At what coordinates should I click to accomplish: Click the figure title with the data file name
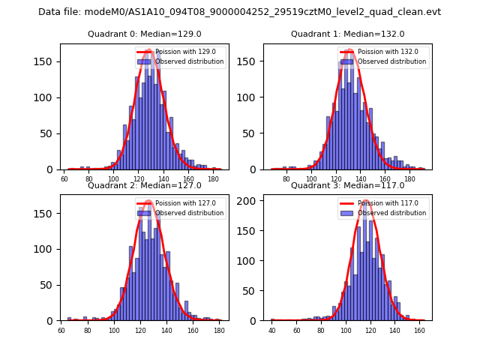pyautogui.click(x=240, y=12)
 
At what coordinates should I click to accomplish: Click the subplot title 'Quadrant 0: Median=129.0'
pyautogui.click(x=145, y=34)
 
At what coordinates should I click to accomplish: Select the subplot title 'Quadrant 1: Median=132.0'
pyautogui.click(x=347, y=34)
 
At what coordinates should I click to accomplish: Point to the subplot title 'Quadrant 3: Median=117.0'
pyautogui.click(x=347, y=185)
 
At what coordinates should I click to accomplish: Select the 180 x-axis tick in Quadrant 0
pyautogui.click(x=213, y=179)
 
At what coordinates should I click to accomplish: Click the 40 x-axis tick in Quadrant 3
pyautogui.click(x=272, y=331)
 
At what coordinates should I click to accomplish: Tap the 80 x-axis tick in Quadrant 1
pyautogui.click(x=286, y=179)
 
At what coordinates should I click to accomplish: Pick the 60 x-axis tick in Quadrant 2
pyautogui.click(x=61, y=331)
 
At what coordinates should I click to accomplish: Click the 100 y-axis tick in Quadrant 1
pyautogui.click(x=251, y=97)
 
